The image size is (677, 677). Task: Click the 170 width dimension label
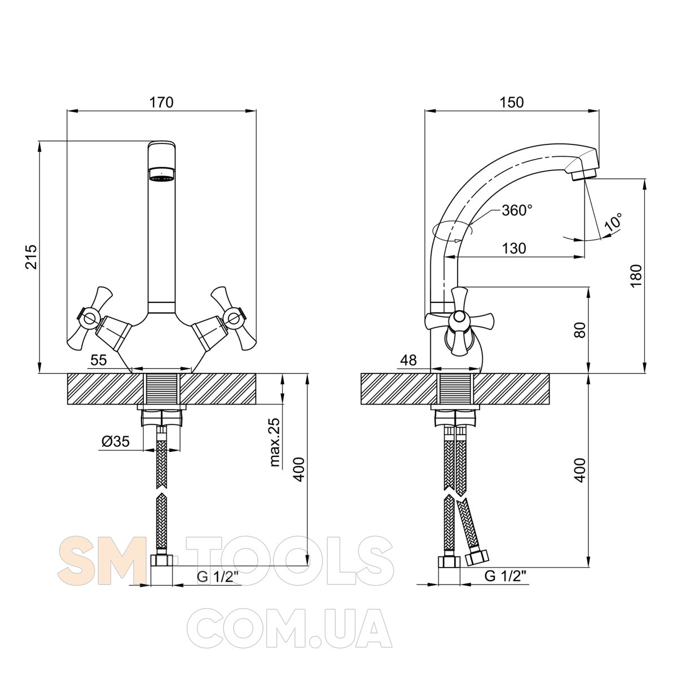point(161,102)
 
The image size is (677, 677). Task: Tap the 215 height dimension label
point(32,257)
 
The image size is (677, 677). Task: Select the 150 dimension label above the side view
point(512,102)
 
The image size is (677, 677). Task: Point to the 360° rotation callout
point(517,210)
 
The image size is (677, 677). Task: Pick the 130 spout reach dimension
point(514,248)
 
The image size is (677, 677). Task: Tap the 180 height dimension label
point(636,276)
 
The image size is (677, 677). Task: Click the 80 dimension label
point(581,329)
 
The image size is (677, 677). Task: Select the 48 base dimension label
point(408,360)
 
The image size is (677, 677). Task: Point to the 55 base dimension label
point(98,360)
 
